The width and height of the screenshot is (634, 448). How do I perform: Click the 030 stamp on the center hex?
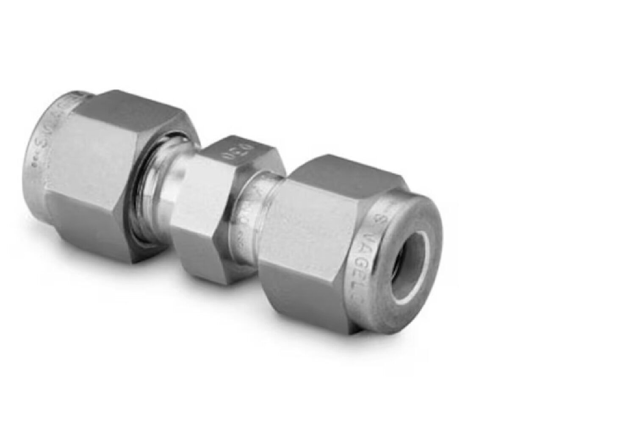pyautogui.click(x=229, y=148)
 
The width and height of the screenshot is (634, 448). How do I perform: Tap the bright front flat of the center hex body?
pyautogui.click(x=197, y=186)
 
